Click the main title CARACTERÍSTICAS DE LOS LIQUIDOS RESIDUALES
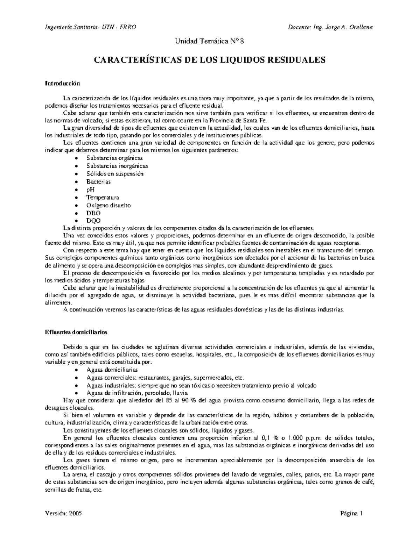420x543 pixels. (x=210, y=60)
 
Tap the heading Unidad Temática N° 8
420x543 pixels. (x=210, y=41)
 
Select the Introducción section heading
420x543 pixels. (x=63, y=84)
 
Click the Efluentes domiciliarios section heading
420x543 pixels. (x=76, y=332)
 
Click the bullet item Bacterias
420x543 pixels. (x=98, y=182)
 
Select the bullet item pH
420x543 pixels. (x=90, y=190)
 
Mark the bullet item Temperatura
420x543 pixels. (x=103, y=198)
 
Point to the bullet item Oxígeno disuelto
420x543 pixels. (x=108, y=205)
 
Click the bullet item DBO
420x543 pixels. (x=93, y=213)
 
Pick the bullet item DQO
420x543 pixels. (x=93, y=221)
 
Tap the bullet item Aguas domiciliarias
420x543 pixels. (x=112, y=370)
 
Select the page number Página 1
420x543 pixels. (x=351, y=514)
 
